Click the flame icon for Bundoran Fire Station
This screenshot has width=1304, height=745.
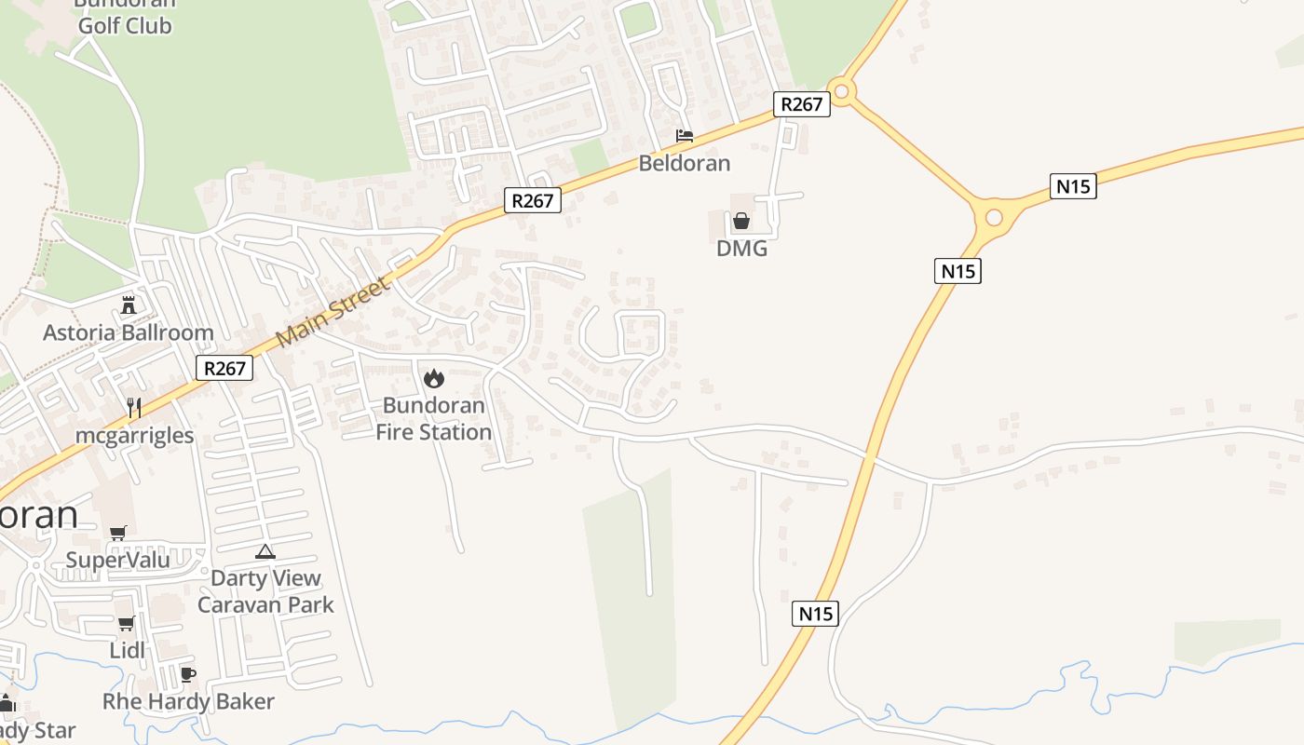433,378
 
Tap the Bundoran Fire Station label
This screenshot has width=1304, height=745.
434,419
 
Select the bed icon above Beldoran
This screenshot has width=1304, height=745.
685,136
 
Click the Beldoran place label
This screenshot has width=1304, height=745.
685,164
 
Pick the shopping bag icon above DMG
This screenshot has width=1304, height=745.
741,221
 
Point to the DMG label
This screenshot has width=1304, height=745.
741,249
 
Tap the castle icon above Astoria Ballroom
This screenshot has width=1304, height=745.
129,305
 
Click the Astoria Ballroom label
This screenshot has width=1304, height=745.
129,332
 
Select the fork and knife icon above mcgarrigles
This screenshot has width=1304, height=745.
134,407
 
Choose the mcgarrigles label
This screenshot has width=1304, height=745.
135,435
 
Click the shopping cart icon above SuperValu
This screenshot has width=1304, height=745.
117,533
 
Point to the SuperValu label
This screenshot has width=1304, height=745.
118,560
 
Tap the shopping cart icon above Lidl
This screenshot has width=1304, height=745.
126,623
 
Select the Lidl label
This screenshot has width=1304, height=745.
128,650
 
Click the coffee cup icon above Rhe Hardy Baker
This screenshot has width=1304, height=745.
187,674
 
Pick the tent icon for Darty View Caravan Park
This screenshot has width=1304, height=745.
265,551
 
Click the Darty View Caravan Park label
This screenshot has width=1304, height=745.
265,591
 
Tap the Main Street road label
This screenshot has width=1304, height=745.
334,311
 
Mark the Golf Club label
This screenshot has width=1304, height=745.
125,25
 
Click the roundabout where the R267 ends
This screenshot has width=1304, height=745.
842,91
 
